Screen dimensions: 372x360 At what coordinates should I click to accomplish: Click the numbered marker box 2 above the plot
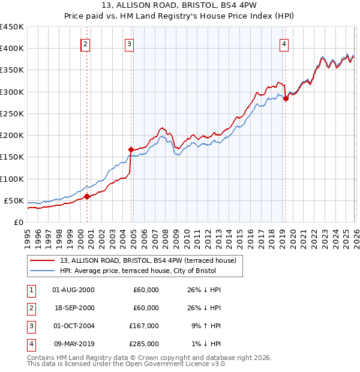86,43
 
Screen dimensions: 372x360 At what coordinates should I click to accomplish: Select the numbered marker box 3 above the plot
130,43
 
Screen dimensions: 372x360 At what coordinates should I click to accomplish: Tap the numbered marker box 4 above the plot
284,43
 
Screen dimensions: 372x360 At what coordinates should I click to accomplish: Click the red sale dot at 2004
130,149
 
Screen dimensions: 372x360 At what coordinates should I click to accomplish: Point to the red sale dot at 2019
286,98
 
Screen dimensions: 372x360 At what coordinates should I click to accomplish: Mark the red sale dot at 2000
87,196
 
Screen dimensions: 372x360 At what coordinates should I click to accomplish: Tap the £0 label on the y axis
19,222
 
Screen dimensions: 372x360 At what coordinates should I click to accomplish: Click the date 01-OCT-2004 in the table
73,326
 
